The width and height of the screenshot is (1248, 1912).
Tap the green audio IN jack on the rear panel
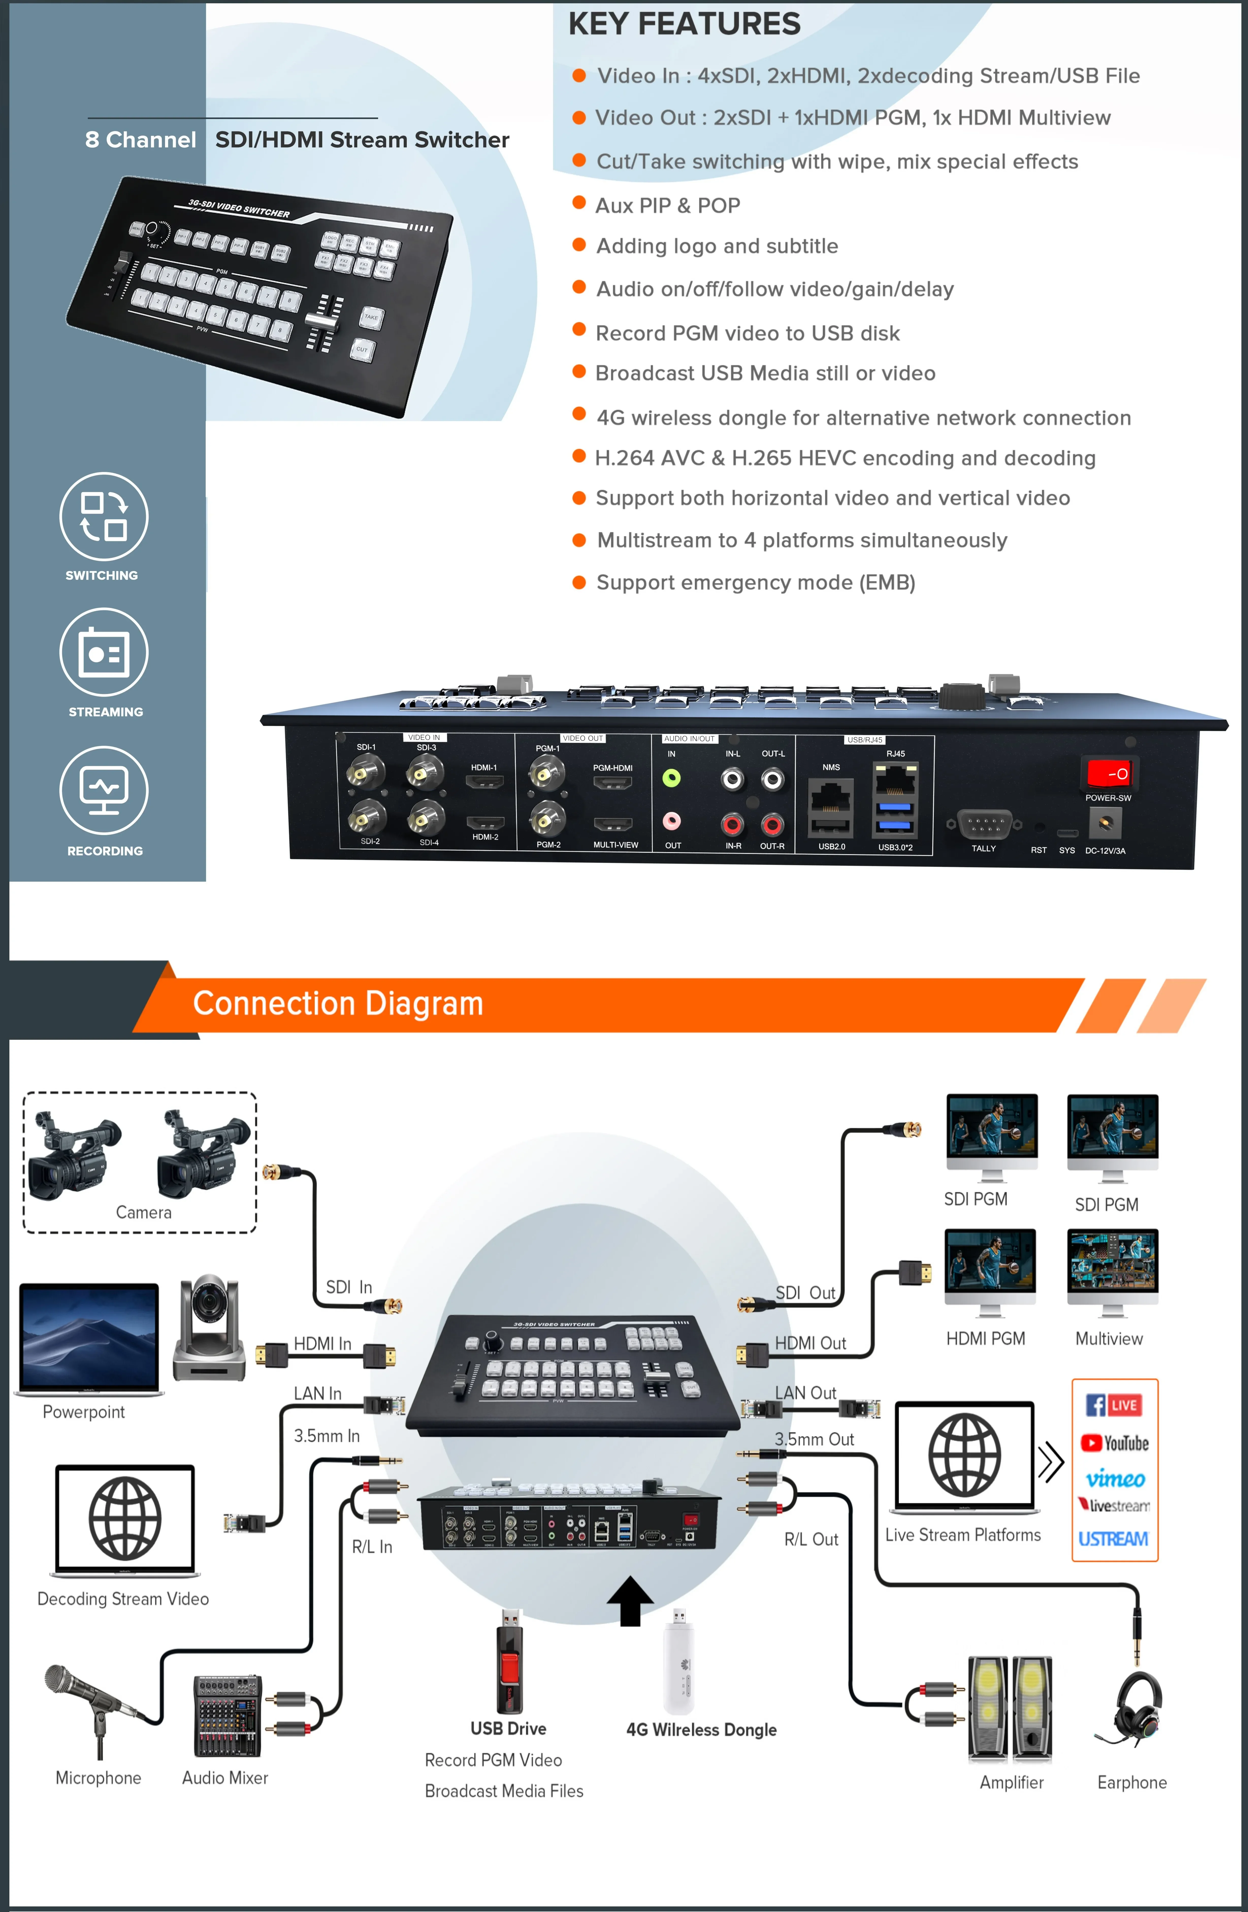coord(671,778)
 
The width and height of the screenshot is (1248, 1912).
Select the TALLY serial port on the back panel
coord(984,824)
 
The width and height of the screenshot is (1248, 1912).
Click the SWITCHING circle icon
coord(104,516)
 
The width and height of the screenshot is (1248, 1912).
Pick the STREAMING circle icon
coord(104,652)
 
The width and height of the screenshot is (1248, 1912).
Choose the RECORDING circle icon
coord(104,790)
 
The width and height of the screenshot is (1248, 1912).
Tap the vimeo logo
coord(1115,1478)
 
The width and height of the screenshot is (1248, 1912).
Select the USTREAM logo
coord(1113,1538)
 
